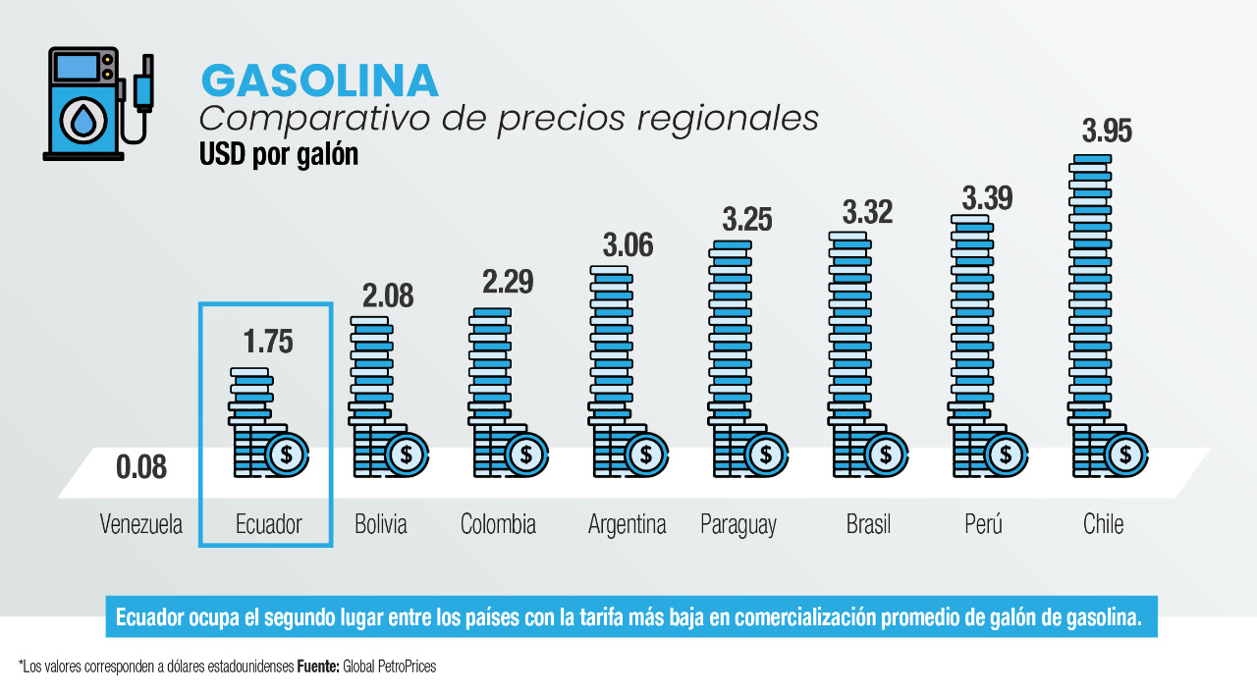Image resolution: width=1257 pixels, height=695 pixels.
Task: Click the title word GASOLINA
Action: coord(319,80)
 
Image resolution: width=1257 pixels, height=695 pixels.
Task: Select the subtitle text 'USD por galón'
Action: coord(278,155)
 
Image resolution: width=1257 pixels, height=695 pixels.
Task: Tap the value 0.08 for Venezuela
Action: coord(141,467)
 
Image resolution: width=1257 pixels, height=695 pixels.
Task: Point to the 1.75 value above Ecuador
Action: coord(268,342)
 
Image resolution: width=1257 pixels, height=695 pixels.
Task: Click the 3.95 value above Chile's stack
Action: coord(1107,132)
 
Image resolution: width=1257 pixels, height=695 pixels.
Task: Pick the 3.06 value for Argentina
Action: coord(628,244)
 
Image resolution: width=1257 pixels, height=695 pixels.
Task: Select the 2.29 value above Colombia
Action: coord(508,282)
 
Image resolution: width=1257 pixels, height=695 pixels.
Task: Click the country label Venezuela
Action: coord(141,524)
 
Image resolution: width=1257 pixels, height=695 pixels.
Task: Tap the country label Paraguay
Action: coord(738,524)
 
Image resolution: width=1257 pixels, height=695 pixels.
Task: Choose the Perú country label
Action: coord(983,524)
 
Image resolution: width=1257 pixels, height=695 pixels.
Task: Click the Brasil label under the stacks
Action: coord(868,524)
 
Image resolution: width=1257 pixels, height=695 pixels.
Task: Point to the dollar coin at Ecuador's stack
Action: coord(287,454)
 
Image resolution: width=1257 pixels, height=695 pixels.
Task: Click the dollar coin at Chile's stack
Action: coord(1124,454)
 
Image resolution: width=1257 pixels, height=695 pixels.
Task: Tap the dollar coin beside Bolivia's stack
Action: coord(407,454)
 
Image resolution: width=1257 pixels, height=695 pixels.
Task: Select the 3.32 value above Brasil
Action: coord(867,212)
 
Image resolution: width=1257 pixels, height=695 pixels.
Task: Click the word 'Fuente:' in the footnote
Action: coord(318,667)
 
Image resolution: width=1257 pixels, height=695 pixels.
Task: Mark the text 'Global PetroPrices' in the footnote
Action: coord(389,667)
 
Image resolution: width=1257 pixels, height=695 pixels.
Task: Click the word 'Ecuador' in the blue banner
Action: coord(150,617)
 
